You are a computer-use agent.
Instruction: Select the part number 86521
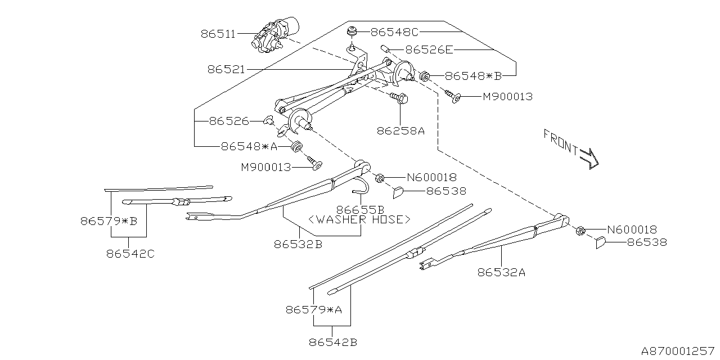click(x=226, y=70)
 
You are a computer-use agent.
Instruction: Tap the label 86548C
click(x=395, y=32)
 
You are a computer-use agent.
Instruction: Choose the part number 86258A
click(x=400, y=130)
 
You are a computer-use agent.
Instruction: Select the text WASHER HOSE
click(x=359, y=219)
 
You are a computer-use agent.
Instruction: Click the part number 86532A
click(x=501, y=273)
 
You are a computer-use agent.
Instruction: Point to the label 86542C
click(x=130, y=254)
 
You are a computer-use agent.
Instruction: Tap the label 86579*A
click(x=313, y=309)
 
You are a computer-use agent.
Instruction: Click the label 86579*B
click(x=109, y=221)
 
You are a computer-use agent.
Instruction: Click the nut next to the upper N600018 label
click(x=379, y=178)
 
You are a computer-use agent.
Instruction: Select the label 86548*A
click(x=249, y=146)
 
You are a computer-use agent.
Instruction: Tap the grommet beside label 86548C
click(x=353, y=31)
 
